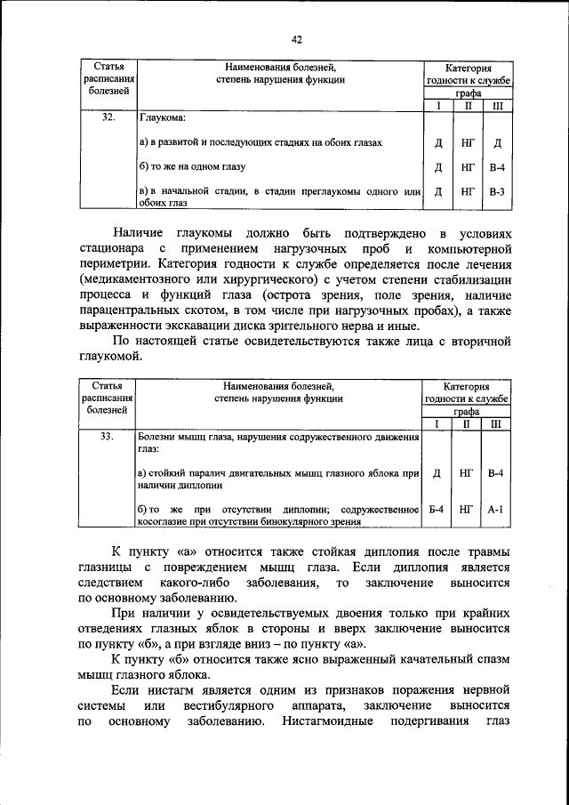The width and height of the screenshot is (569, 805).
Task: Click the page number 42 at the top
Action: [x=297, y=39]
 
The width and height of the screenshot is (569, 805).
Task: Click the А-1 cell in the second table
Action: [x=497, y=510]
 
